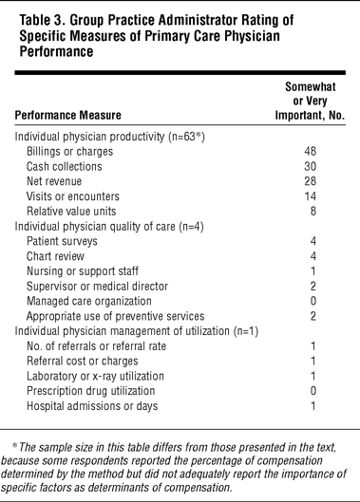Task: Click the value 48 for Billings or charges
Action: tap(310, 151)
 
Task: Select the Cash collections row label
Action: tap(64, 166)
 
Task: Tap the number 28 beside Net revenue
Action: tap(310, 181)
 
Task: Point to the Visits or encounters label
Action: tap(73, 196)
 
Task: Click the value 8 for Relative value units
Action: tap(313, 212)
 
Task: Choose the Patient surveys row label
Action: tap(62, 241)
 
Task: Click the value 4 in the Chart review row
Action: tap(313, 256)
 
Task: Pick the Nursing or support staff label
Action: tap(83, 271)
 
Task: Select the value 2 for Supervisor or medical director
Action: tap(313, 287)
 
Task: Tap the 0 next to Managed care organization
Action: tap(313, 301)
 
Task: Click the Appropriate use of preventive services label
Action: tap(115, 316)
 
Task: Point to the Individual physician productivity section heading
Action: tap(109, 137)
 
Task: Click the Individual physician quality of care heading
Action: tap(109, 227)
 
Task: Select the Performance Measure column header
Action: tap(68, 115)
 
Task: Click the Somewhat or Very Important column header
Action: tap(310, 101)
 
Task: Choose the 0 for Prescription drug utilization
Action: tap(313, 391)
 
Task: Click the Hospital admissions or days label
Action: tap(92, 406)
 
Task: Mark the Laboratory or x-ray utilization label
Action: tap(95, 376)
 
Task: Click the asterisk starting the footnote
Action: tap(14, 445)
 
